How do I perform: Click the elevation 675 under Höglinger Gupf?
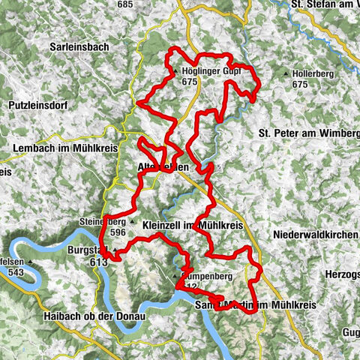pyautogui.click(x=188, y=82)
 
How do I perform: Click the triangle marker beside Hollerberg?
pyautogui.click(x=287, y=73)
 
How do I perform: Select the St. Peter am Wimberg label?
pyautogui.click(x=308, y=133)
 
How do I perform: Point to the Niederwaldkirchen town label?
pyautogui.click(x=316, y=235)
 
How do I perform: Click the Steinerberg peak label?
pyautogui.click(x=102, y=222)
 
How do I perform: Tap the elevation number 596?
pyautogui.click(x=118, y=232)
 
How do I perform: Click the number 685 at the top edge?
pyautogui.click(x=124, y=5)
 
